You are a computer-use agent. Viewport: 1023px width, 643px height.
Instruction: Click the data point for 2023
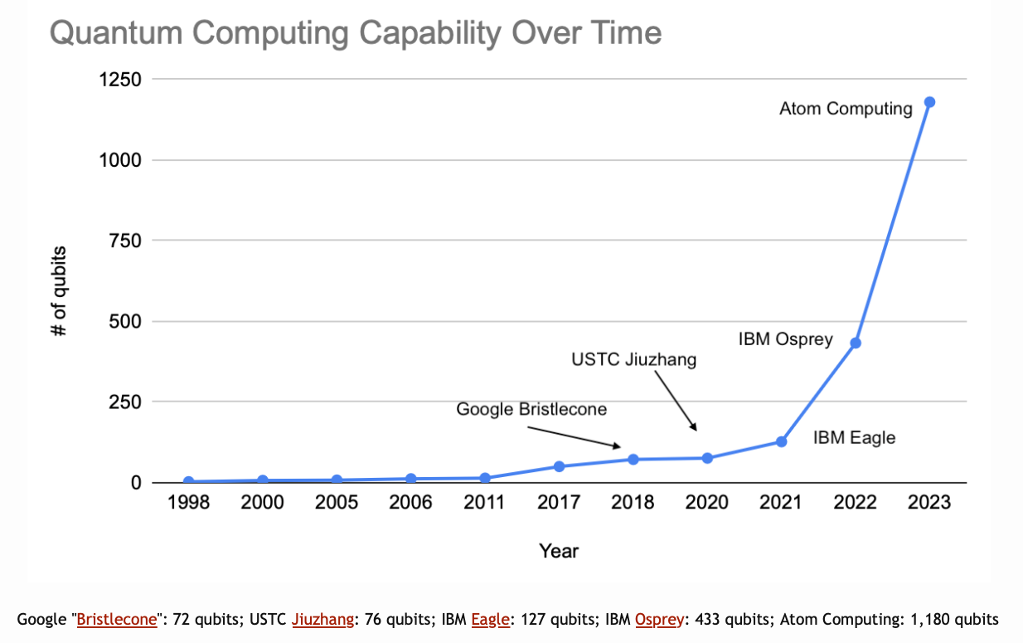point(929,102)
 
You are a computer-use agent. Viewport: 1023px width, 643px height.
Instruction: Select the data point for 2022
point(856,343)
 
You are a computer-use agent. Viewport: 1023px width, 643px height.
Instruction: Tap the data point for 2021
point(781,441)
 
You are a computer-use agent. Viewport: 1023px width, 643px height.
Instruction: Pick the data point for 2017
point(559,466)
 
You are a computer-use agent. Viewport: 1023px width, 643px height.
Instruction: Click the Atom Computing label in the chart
point(846,109)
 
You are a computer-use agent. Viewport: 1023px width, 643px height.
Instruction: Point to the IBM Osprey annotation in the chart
point(785,339)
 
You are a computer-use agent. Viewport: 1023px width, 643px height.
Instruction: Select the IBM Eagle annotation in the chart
point(854,437)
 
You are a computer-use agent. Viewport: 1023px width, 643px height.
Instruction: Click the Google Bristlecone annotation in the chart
point(531,409)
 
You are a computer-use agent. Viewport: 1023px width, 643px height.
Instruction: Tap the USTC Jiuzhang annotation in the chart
point(634,360)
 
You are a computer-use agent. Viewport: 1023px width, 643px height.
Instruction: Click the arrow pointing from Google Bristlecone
point(575,437)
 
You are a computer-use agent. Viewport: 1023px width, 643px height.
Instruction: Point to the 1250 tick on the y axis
point(119,80)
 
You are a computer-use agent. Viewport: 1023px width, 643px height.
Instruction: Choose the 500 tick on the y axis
point(126,321)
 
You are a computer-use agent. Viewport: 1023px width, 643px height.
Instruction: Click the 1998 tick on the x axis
point(188,503)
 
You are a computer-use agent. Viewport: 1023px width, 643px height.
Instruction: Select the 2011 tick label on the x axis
point(485,503)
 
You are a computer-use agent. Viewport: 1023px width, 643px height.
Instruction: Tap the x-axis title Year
point(559,551)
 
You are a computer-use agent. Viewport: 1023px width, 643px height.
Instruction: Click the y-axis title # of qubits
point(59,291)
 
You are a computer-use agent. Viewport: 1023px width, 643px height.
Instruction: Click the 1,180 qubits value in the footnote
point(956,619)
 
